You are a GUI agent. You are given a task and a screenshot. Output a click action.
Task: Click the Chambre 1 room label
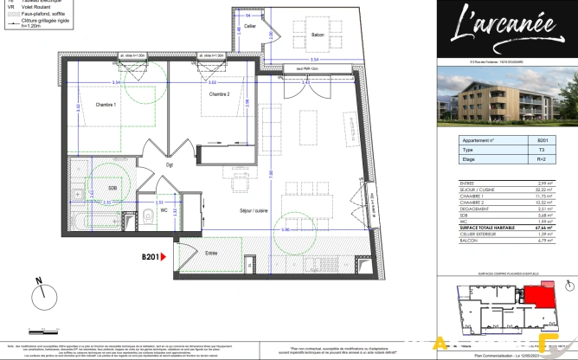click(x=106, y=104)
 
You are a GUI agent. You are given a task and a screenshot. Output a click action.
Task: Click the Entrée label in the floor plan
click(x=211, y=253)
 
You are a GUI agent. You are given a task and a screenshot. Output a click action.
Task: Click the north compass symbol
click(x=42, y=298)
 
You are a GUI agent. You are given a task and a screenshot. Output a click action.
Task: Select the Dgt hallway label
click(x=170, y=165)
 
